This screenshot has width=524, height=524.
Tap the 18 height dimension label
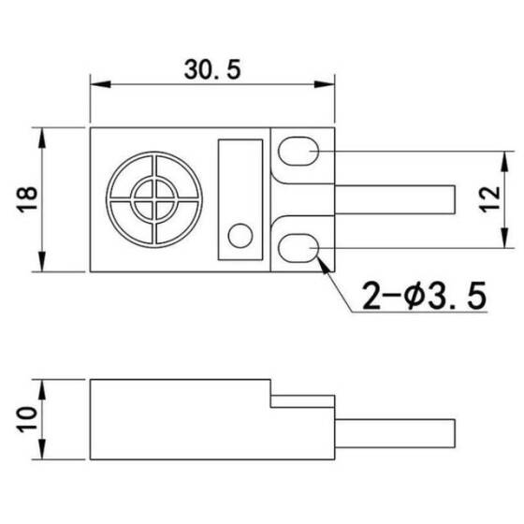tap(28, 199)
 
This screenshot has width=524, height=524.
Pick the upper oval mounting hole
tap(301, 150)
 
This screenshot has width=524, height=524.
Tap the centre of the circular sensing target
tap(153, 199)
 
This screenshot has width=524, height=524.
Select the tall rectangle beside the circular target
tap(240, 199)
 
